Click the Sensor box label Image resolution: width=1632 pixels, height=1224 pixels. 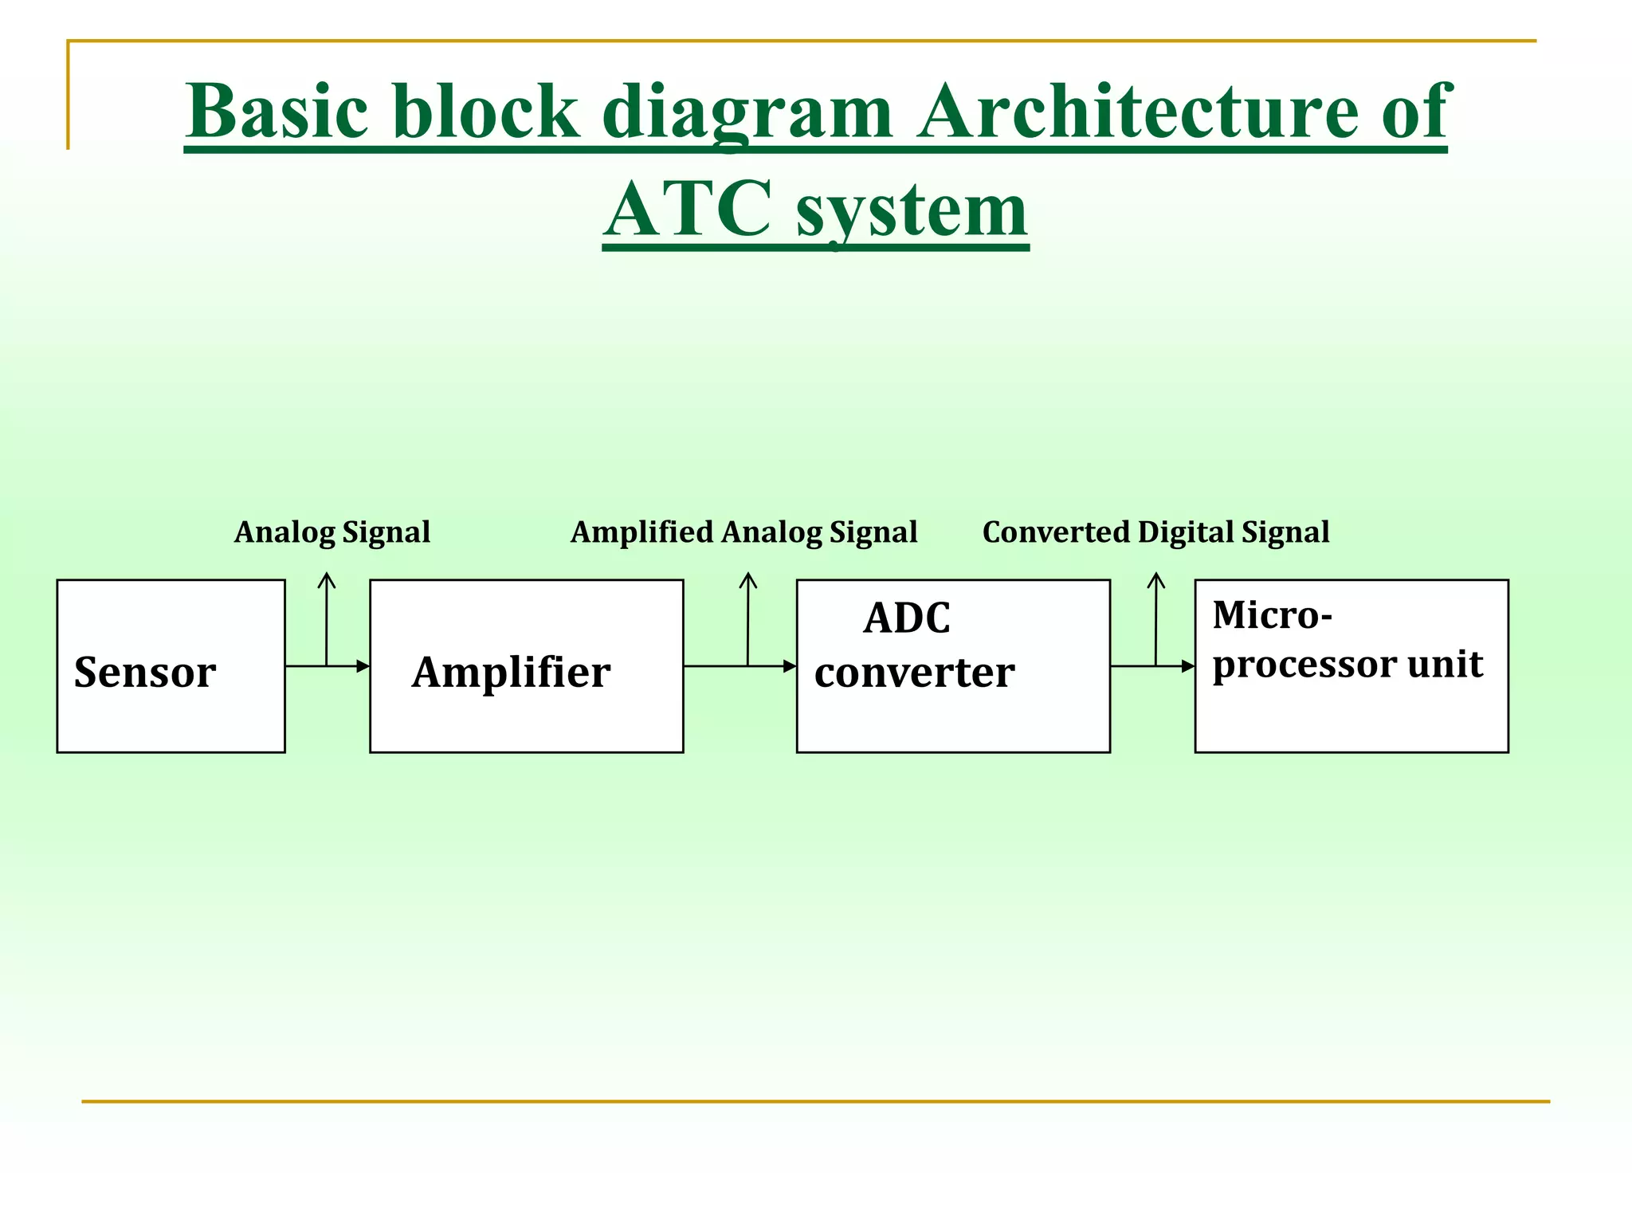pos(145,673)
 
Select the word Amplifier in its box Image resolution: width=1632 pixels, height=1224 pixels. pos(511,673)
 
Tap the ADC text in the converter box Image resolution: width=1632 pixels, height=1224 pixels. pos(907,618)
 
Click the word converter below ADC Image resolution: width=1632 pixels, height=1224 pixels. pos(914,673)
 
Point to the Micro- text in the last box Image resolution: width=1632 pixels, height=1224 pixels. pos(1272,615)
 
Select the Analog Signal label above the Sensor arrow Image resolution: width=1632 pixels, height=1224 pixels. pos(332,532)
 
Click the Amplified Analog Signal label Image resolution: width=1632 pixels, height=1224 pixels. pos(743,532)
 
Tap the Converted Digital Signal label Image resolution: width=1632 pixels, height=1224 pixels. pos(1155,532)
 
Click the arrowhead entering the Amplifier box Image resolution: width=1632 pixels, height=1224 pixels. pos(364,666)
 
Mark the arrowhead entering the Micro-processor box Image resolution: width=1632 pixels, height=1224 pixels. pos(1189,666)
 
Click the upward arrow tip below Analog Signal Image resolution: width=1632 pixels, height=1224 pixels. pos(327,575)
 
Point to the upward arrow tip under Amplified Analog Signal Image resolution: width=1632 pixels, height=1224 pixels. pos(748,575)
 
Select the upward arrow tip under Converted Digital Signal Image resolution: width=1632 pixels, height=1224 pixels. pos(1156,575)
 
